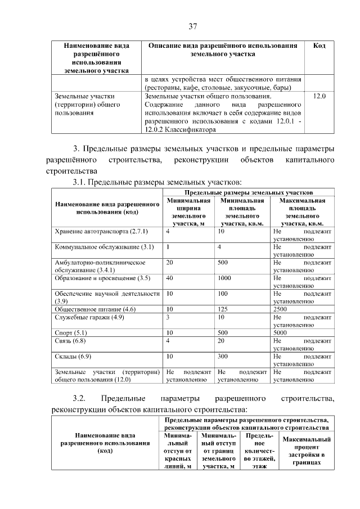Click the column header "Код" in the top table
click(x=319, y=46)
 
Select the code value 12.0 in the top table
click(x=319, y=97)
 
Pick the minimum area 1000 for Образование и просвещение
click(x=225, y=278)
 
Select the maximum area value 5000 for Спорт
click(x=280, y=333)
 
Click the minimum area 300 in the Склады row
click(x=224, y=357)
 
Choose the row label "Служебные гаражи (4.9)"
click(x=89, y=317)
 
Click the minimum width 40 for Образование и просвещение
click(x=170, y=278)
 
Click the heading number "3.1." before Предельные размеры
click(x=79, y=182)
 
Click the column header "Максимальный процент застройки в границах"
click(x=306, y=451)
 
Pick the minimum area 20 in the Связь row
click(x=222, y=341)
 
